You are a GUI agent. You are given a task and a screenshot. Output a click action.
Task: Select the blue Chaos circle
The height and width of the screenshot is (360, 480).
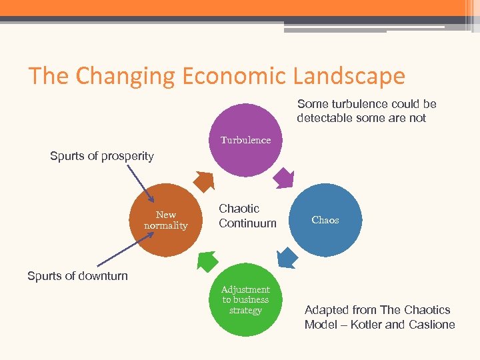pyautogui.click(x=326, y=220)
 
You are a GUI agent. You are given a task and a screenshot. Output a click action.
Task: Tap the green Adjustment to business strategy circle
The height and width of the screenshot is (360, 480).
pyautogui.click(x=245, y=300)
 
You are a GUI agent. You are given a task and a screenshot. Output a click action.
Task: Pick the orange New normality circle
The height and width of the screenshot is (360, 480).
pyautogui.click(x=166, y=220)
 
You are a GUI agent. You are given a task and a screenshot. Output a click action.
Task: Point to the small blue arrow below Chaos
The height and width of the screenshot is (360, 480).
pyautogui.click(x=286, y=257)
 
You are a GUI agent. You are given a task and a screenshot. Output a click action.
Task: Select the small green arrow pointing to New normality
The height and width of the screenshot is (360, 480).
pyautogui.click(x=207, y=260)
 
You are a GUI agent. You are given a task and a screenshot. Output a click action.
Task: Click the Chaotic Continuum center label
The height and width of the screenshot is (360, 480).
pyautogui.click(x=247, y=216)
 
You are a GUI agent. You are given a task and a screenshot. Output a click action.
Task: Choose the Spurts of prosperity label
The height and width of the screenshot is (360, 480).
pyautogui.click(x=102, y=157)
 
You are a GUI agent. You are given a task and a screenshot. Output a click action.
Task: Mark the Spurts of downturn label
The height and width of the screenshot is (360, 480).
pyautogui.click(x=77, y=276)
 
